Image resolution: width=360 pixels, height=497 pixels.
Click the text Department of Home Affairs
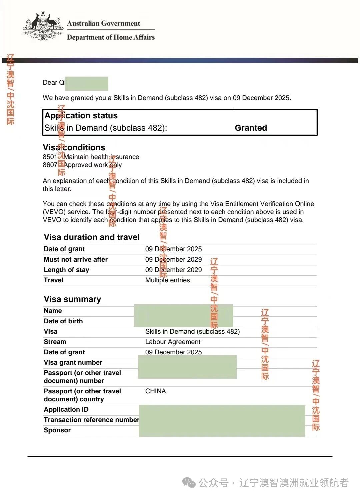[111, 37]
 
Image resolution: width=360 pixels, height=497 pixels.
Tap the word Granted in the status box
[251, 128]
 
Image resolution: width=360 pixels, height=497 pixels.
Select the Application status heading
[81, 116]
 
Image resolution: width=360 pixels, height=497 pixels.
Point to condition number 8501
[50, 157]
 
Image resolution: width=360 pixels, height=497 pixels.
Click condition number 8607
[50, 165]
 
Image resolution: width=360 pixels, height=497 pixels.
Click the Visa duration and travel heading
[92, 237]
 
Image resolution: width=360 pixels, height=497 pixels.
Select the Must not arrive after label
[76, 259]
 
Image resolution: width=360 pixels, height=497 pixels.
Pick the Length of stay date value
[173, 270]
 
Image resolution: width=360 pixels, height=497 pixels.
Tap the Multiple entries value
[167, 280]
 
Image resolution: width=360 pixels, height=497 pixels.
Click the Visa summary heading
[72, 299]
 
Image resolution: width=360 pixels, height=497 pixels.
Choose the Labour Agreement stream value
[173, 342]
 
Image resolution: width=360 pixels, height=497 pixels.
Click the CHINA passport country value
[155, 391]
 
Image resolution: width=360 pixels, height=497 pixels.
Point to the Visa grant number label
[73, 362]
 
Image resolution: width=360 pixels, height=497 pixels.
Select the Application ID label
[66, 409]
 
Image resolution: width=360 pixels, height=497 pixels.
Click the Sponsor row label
[57, 430]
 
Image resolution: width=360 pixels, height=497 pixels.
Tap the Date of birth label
[63, 321]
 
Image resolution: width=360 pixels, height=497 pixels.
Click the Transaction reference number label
[91, 420]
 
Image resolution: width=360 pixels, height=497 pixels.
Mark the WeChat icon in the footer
[189, 482]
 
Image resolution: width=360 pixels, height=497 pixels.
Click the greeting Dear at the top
[50, 83]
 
